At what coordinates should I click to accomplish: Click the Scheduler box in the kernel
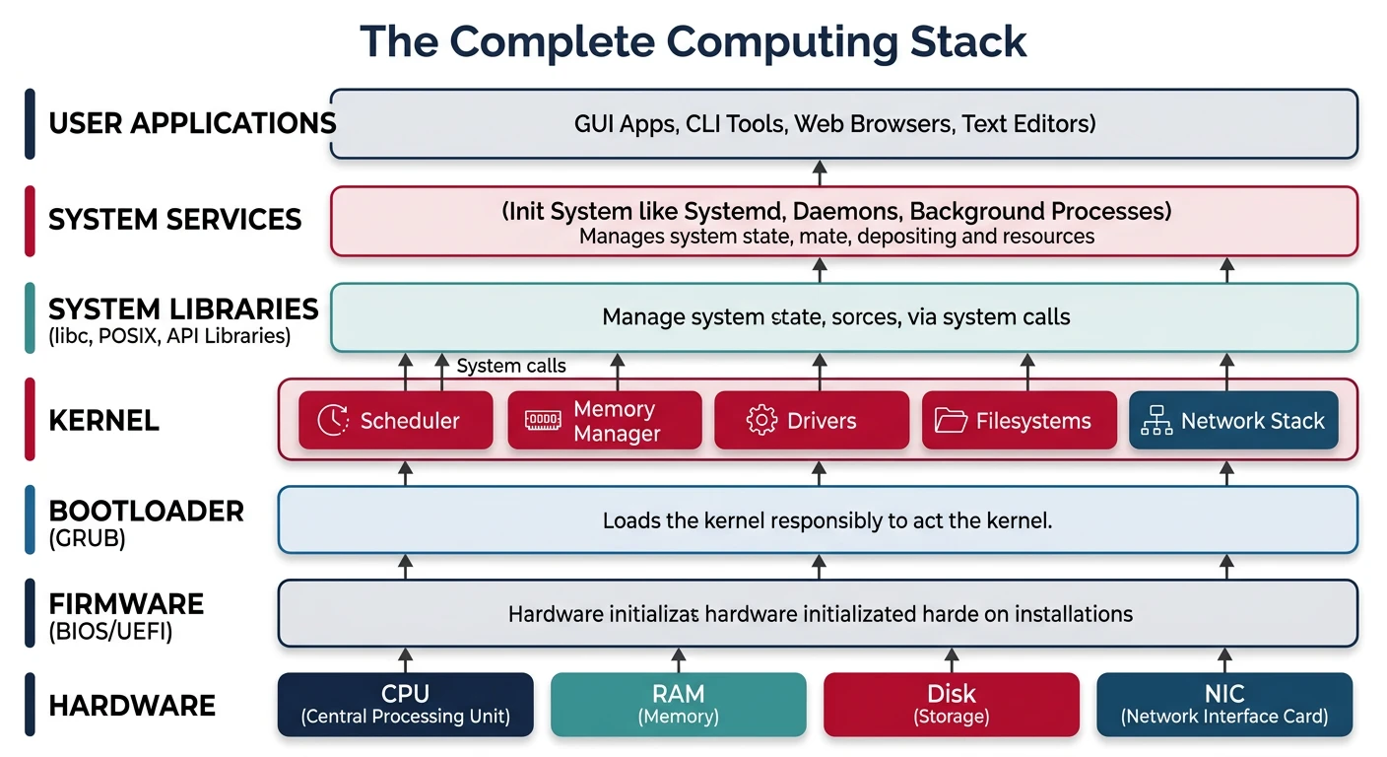(x=395, y=421)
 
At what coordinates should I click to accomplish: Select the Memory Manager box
(x=605, y=421)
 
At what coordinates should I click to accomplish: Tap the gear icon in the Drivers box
(x=761, y=421)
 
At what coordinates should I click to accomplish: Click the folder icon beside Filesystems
(x=951, y=421)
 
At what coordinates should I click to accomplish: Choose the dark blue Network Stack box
(x=1232, y=421)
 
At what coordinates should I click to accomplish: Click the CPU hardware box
(x=405, y=705)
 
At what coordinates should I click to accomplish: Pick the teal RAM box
(x=678, y=705)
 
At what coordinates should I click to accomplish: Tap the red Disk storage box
(x=951, y=705)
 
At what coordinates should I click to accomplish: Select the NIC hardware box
(x=1223, y=705)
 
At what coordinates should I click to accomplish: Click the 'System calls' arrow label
(x=511, y=366)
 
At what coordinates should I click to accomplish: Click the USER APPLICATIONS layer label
(x=192, y=123)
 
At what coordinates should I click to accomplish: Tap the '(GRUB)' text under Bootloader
(x=87, y=539)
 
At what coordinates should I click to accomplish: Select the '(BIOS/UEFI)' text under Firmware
(x=110, y=632)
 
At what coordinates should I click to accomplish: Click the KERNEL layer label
(x=103, y=421)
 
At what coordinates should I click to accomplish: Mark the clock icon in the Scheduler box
(x=333, y=421)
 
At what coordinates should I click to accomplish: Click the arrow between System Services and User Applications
(x=819, y=173)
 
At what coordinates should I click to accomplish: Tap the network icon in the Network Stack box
(x=1155, y=421)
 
